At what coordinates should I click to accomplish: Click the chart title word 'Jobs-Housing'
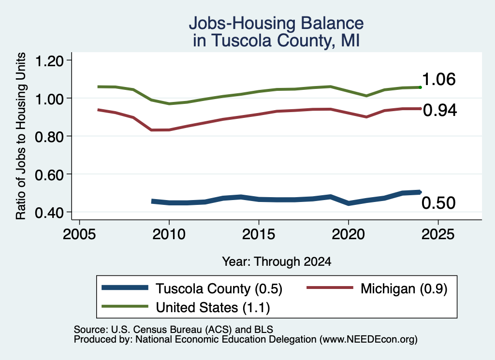[x=242, y=24]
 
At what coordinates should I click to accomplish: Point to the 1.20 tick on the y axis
[x=49, y=60]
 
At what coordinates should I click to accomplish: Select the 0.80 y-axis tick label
[x=49, y=137]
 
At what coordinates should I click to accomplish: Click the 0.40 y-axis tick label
[x=49, y=213]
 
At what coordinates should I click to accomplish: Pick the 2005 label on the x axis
[x=79, y=234]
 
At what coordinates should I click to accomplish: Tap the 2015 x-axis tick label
[x=259, y=234]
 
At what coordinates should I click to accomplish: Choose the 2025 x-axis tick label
[x=438, y=234]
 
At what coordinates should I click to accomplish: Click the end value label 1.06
[x=439, y=79]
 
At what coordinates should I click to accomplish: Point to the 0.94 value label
[x=440, y=111]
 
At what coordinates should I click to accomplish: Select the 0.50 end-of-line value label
[x=438, y=203]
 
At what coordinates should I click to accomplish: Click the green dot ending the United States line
[x=420, y=87]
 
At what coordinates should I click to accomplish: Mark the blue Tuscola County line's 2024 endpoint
[x=420, y=192]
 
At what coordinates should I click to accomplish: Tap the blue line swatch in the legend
[x=125, y=288]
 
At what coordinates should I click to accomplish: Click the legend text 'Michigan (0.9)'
[x=404, y=288]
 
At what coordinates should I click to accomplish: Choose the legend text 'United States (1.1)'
[x=213, y=308]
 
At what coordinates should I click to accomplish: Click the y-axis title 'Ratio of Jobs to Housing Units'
[x=21, y=136]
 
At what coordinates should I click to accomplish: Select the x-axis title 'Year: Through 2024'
[x=277, y=261]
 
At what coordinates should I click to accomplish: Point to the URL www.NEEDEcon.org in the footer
[x=368, y=340]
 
